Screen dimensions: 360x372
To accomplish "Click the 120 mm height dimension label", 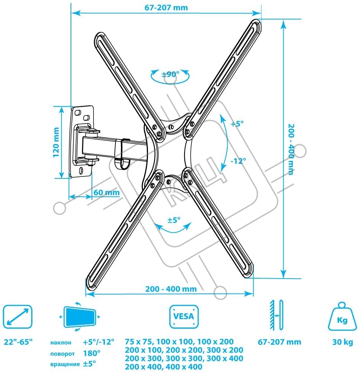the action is coord(56,142).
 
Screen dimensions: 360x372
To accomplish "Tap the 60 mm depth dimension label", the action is coord(106,192).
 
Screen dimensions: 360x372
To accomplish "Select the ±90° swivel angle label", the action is coord(170,74).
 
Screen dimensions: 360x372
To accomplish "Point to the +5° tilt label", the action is coord(237,123).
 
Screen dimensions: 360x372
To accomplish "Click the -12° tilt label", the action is coord(238,161).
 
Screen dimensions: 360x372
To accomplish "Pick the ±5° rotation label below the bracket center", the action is coord(174,220).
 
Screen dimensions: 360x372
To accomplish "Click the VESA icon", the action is coord(184,317).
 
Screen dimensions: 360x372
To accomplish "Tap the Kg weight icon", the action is coord(342,316).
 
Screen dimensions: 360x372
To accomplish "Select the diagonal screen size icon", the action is coord(18,317).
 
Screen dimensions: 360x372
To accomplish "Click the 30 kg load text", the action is coord(342,342).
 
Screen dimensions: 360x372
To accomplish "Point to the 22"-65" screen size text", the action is coord(18,342).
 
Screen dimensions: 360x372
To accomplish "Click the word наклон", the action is coord(61,343).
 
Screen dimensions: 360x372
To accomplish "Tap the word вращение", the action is coord(65,364).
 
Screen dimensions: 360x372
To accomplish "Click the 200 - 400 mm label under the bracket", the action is coord(171,289).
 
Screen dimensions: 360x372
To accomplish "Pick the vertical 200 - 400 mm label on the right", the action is coord(291,149).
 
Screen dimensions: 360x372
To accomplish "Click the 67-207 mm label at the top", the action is coord(166,8).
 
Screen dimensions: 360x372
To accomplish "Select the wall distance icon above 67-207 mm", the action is coord(277,315).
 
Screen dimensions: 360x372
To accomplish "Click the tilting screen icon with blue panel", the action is coord(80,317).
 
